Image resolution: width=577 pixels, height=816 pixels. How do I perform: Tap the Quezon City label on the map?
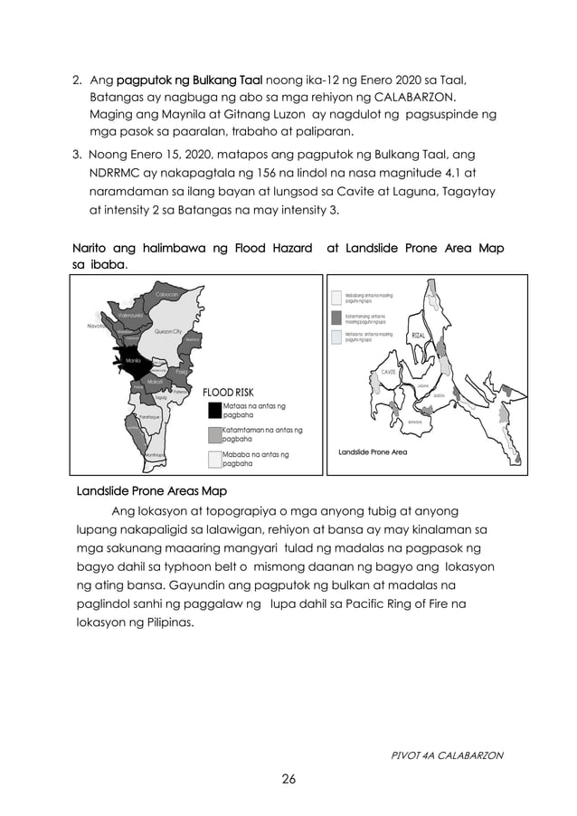168,333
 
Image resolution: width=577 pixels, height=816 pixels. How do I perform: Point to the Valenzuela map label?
134,316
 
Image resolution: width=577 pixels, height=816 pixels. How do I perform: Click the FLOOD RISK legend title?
229,393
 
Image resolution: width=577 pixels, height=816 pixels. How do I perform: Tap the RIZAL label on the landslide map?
419,336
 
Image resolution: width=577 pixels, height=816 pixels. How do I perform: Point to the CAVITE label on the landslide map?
390,372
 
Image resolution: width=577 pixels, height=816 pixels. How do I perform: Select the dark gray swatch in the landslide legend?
336,317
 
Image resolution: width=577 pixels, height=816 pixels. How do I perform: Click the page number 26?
288,777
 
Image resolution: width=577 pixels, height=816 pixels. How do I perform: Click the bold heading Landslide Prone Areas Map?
151,491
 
